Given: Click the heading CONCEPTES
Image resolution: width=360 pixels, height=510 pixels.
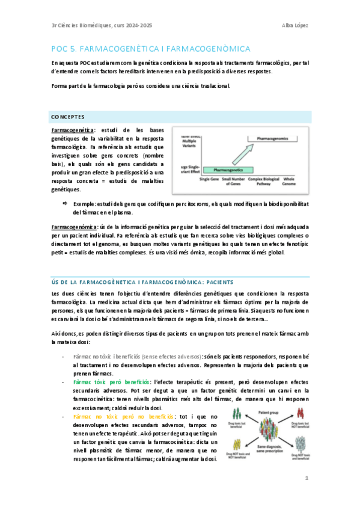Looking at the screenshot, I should (68, 116).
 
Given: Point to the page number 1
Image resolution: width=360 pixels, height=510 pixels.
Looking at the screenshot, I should (307, 479).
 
